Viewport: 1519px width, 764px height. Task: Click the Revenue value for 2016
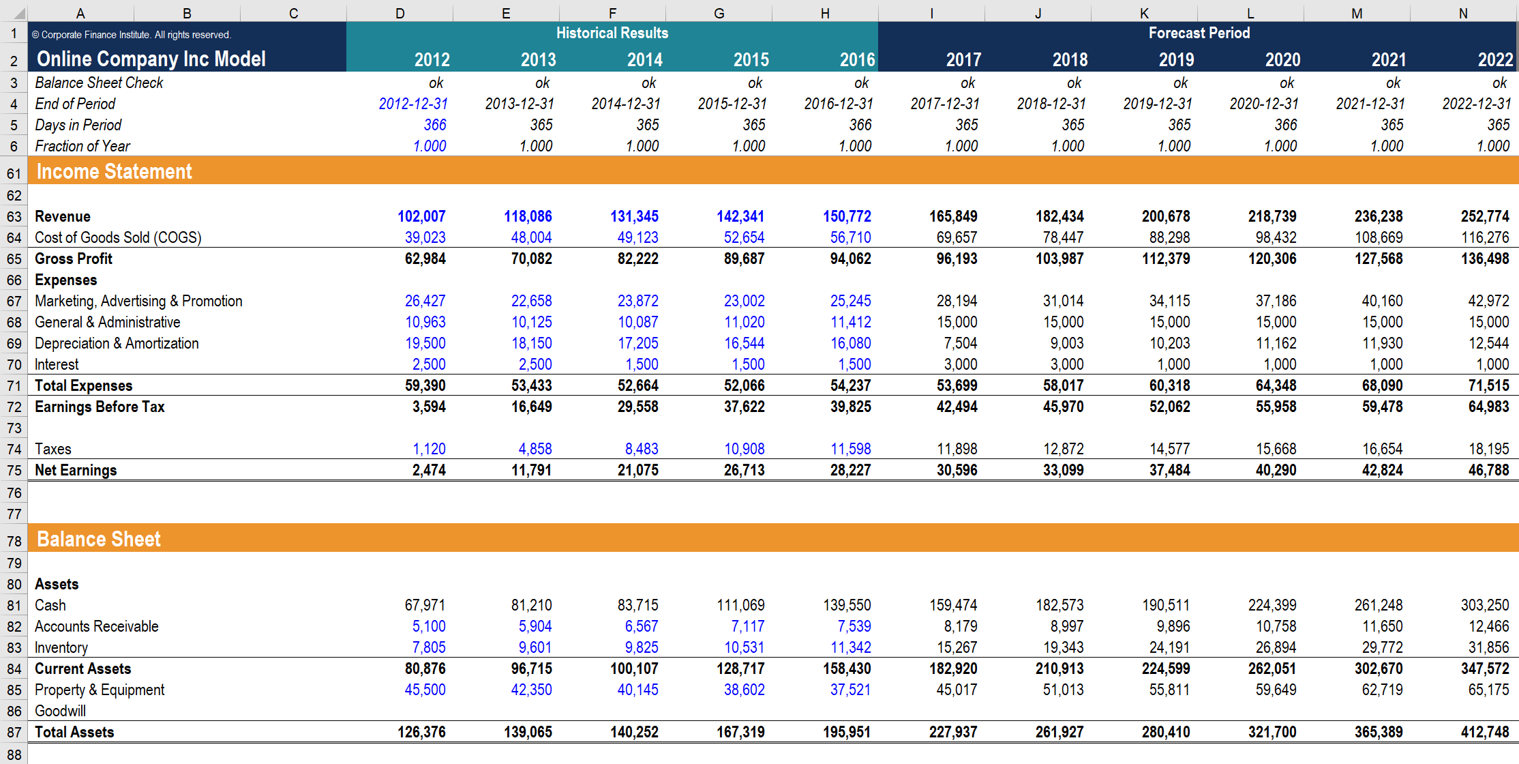847,216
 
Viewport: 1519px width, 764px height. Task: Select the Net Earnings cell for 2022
1488,470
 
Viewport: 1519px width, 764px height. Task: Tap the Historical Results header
612,33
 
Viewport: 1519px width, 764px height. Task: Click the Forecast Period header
1199,33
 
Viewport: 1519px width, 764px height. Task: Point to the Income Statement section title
114,171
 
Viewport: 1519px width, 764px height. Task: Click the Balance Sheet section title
98,539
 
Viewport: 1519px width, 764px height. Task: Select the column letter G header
719,13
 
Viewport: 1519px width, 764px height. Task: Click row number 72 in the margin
14,407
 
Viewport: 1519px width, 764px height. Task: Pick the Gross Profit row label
74,259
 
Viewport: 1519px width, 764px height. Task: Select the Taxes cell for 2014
641,449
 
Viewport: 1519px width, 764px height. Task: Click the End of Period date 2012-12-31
413,104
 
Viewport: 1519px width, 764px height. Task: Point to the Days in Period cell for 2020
1285,125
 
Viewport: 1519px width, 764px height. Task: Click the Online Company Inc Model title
151,59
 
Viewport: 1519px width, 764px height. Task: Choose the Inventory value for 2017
957,647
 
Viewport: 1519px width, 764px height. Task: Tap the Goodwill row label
60,711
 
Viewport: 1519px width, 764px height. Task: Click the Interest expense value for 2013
535,364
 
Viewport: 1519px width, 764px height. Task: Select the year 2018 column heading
1069,60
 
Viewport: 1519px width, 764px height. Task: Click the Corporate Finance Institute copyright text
132,35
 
